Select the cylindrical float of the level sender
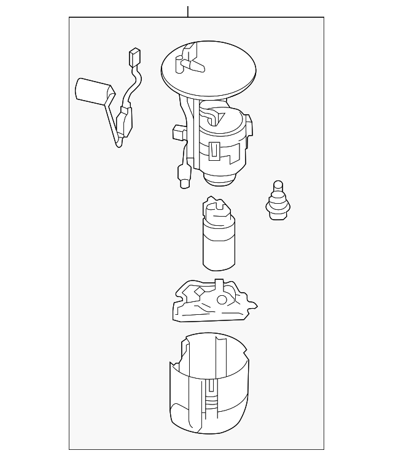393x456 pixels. [92, 91]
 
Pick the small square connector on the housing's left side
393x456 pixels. [179, 132]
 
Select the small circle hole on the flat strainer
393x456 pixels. [221, 299]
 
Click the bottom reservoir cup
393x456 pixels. [209, 393]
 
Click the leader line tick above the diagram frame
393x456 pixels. [188, 11]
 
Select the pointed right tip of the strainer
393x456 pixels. [254, 305]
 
